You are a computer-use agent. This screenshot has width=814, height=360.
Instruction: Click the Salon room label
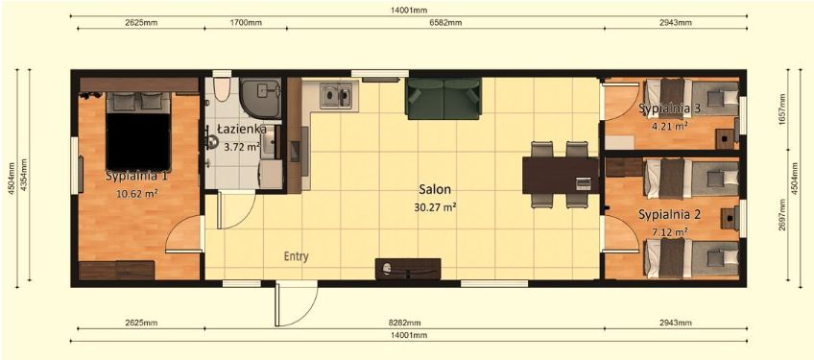436,190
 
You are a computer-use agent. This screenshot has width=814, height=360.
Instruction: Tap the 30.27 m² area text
435,207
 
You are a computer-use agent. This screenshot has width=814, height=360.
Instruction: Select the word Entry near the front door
297,256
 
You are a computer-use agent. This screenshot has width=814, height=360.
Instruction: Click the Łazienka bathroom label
241,129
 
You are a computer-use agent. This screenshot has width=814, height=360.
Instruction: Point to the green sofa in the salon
443,98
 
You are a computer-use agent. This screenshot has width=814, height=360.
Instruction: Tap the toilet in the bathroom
222,89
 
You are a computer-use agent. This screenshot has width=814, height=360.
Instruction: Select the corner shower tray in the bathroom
260,98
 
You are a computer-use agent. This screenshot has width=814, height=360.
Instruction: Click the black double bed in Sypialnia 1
138,132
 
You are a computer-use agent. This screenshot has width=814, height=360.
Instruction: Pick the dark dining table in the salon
561,175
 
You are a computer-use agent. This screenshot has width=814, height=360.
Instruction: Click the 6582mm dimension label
445,22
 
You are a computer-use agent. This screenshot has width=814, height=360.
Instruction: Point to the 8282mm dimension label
404,323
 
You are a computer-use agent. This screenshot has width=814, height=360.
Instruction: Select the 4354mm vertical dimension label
23,176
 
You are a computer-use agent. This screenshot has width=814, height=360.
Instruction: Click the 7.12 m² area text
670,231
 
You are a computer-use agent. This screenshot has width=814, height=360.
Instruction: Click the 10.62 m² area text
138,193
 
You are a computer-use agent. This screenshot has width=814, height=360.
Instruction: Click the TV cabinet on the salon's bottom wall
408,269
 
